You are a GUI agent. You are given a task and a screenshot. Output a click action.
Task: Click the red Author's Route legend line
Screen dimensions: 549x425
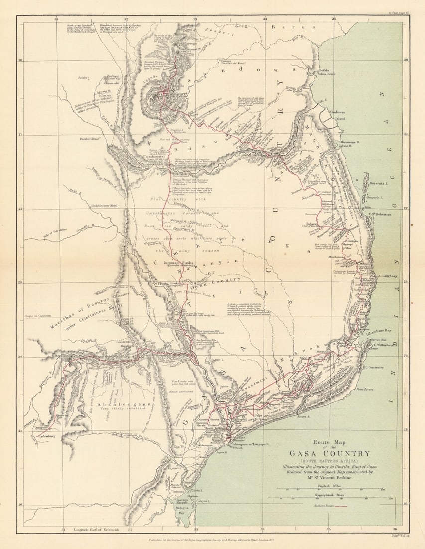coord(339,506)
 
